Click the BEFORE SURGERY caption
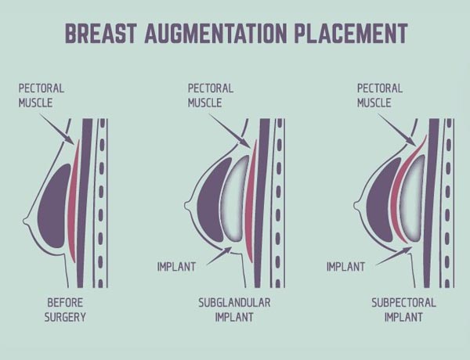tap(65, 310)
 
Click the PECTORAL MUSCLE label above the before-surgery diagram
tap(42, 95)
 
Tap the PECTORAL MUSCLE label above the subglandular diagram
tap(211, 95)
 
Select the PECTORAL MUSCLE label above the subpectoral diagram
tap(380, 95)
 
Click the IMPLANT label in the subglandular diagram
tap(176, 267)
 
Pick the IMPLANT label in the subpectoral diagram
tap(345, 267)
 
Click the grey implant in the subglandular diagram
tap(234, 200)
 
